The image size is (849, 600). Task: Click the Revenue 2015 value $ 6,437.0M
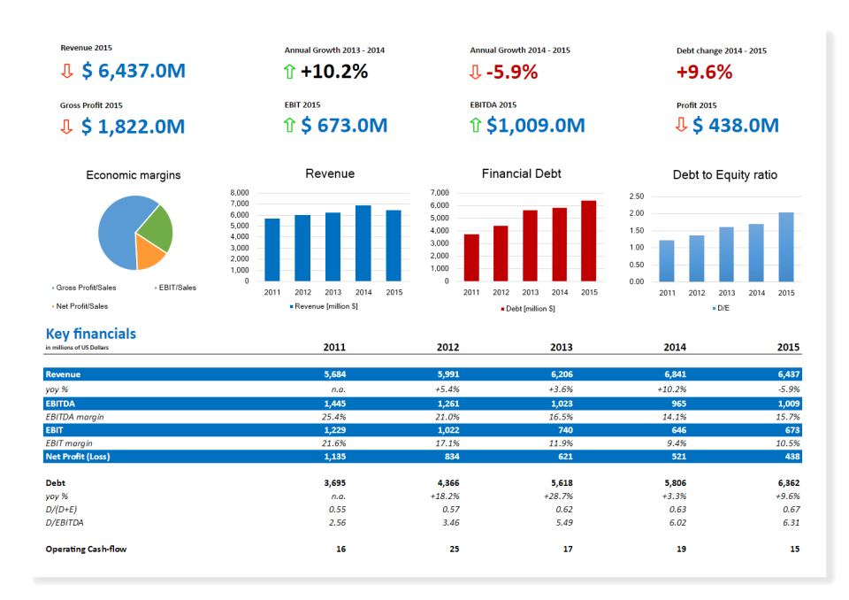(134, 71)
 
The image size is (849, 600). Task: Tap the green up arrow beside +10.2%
(289, 72)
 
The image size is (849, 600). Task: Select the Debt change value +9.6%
(704, 73)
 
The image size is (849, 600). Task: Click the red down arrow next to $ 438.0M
(681, 125)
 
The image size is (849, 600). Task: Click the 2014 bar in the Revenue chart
(363, 243)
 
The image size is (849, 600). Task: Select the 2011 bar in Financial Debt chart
(471, 258)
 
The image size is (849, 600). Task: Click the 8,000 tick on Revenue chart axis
(240, 193)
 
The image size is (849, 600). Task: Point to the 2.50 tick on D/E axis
(637, 196)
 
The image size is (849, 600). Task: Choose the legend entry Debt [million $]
(528, 309)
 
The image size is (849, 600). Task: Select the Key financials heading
(91, 334)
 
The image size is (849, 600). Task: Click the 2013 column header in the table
(561, 348)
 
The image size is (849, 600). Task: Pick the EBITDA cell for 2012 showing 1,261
(448, 403)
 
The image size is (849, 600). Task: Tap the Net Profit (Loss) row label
(77, 457)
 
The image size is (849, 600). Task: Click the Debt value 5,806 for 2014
(675, 483)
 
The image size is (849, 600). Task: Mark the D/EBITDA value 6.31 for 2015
(791, 523)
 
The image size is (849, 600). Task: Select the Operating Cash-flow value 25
(454, 550)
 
